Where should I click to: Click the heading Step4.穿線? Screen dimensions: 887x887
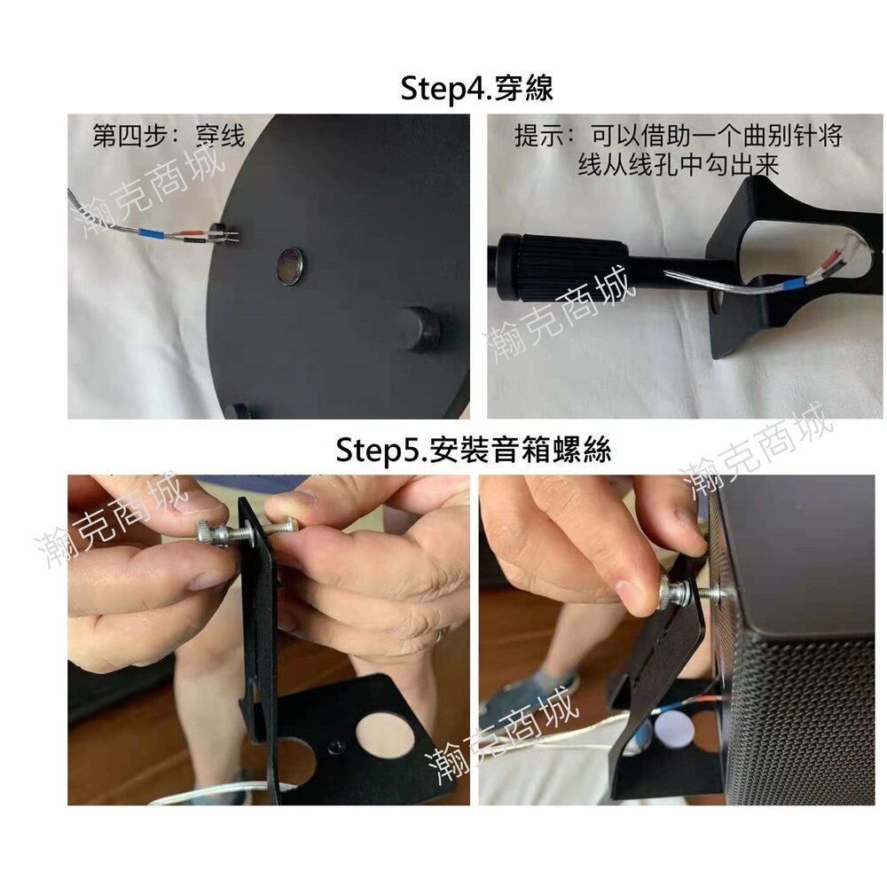477,90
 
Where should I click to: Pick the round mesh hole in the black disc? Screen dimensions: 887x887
290,265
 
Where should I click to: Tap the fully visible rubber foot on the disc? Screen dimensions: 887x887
418,328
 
